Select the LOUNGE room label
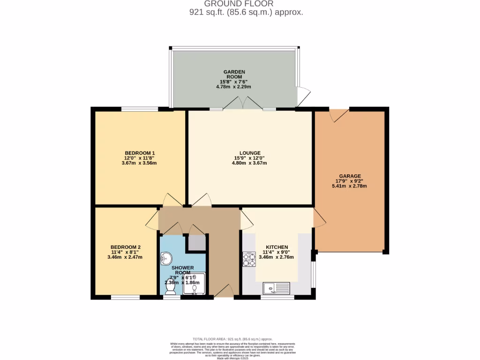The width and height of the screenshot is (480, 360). [249, 153]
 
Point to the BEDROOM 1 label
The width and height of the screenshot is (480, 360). [140, 153]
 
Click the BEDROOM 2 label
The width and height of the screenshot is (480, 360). [126, 247]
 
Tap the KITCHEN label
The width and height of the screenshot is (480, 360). [277, 247]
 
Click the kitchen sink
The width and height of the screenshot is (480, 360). [277, 287]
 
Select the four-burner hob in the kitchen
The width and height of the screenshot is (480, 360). [248, 259]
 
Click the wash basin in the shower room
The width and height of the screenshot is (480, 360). [166, 258]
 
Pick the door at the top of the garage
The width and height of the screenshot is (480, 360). [339, 115]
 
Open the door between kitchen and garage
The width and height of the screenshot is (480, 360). [319, 218]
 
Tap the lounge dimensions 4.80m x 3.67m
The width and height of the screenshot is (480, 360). [249, 163]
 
